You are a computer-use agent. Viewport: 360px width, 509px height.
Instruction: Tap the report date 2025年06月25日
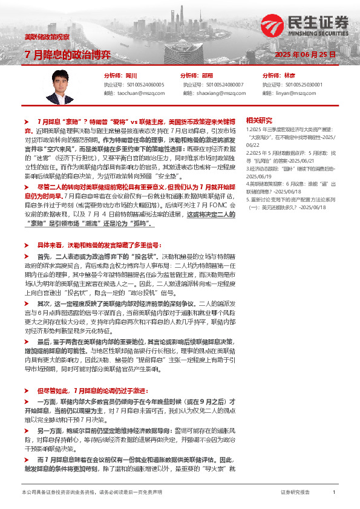coord(305,54)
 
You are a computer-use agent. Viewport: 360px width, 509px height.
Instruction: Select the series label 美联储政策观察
coord(47,37)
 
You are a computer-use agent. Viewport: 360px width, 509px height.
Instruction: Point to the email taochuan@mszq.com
coord(138,94)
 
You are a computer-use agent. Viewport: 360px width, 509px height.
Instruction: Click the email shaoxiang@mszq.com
coord(215,94)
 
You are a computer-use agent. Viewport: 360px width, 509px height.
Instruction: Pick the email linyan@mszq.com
coord(292,94)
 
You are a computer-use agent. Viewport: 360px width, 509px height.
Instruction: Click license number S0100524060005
coord(143,85)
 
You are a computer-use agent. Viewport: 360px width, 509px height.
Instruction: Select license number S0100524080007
coord(222,85)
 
